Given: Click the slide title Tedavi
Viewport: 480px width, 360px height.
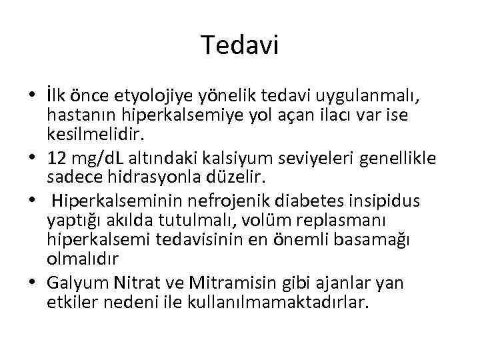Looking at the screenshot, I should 240,46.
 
